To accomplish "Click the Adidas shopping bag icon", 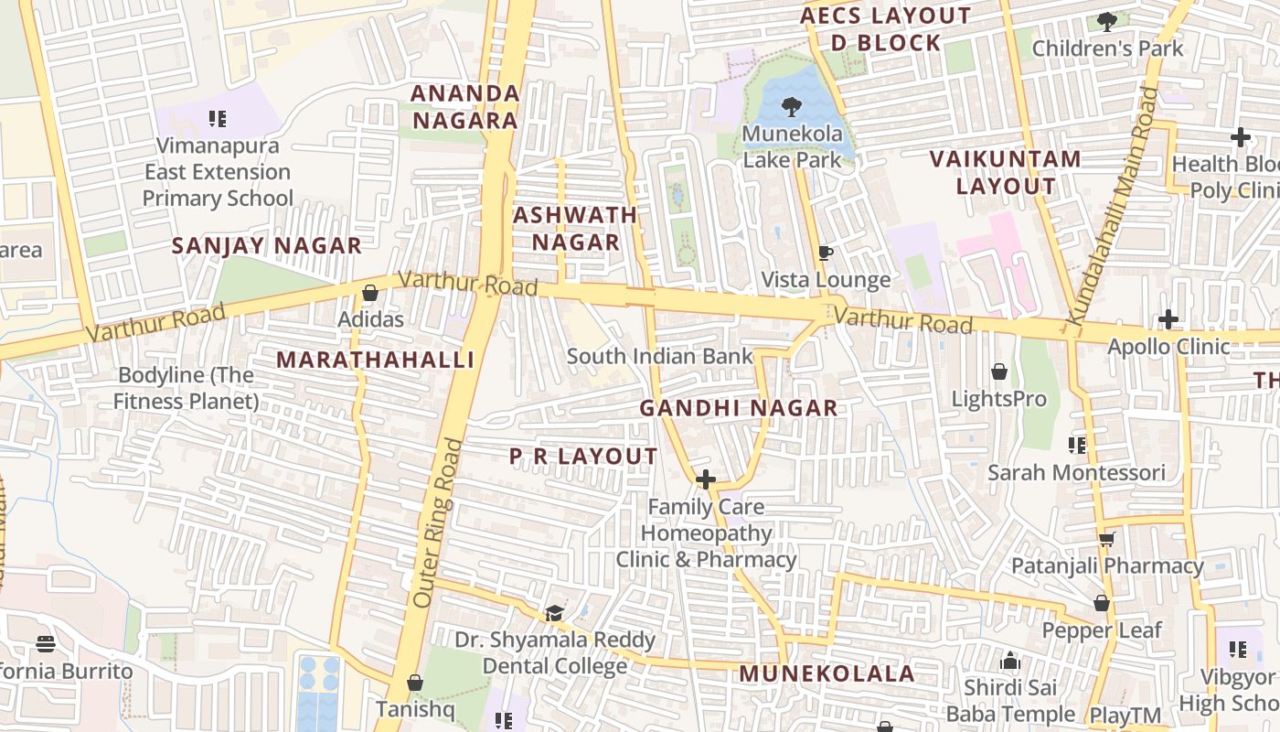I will point(370,293).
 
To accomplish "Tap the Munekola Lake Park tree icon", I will point(791,107).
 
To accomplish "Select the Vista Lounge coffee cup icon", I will point(826,253).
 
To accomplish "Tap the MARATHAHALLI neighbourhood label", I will point(376,360).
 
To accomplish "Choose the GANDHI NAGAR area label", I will point(738,408).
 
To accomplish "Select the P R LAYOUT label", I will point(583,456).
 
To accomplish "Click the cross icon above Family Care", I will point(705,479).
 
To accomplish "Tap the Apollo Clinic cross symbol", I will point(1168,319).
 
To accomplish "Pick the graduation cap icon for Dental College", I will point(554,612).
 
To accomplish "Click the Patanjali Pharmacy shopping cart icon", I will point(1107,539).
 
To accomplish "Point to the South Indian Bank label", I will point(660,356).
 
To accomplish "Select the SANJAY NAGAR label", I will point(267,245).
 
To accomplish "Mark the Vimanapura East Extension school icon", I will point(217,118).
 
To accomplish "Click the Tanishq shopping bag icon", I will point(414,683).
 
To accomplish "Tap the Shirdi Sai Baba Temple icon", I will point(1010,660).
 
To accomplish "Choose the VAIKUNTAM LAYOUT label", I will point(1006,172).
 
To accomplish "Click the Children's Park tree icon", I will point(1107,21).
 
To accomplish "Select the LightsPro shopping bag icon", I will point(999,371).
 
